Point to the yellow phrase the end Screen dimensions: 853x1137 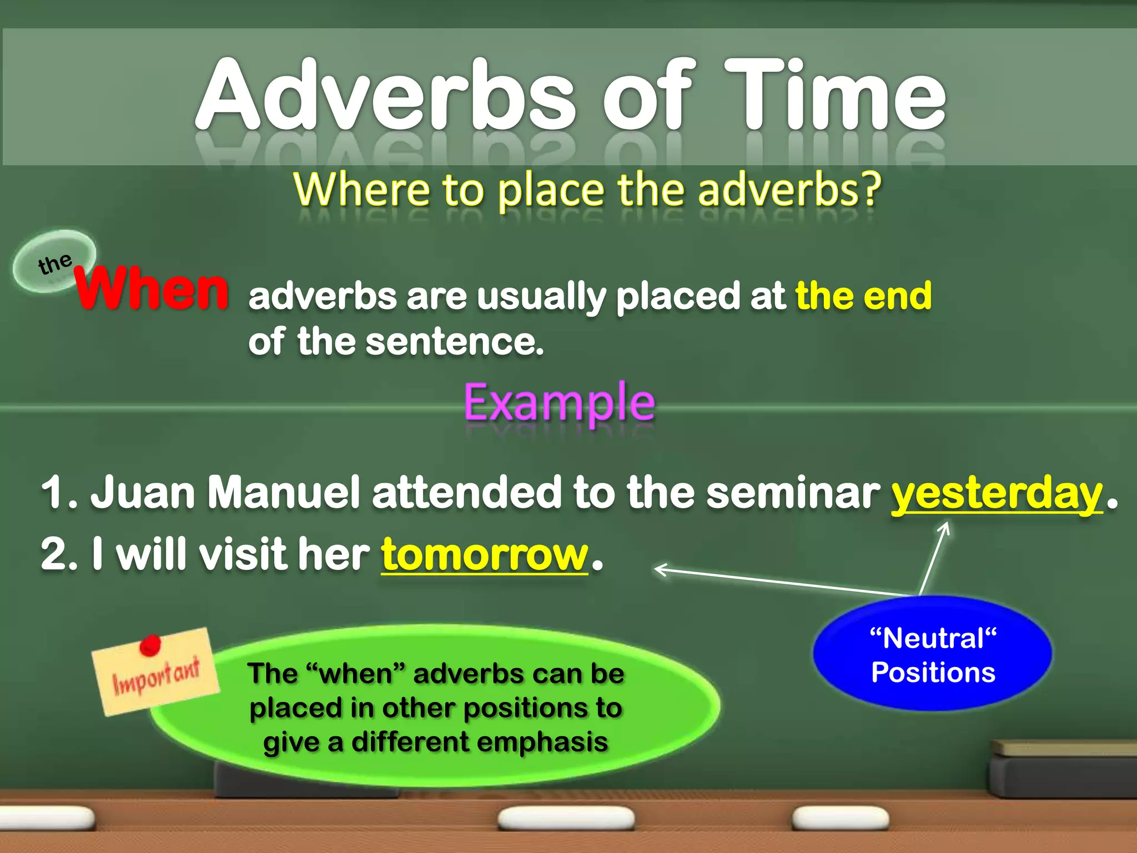tap(863, 295)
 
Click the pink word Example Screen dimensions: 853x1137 tap(559, 402)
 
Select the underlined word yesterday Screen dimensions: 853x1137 tap(997, 493)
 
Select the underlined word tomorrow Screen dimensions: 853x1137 tap(484, 554)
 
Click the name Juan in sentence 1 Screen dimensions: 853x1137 tap(142, 492)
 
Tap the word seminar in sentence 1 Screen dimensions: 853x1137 tap(793, 493)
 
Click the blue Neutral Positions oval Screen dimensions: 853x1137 tap(933, 654)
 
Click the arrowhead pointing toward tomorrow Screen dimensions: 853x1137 tap(661, 570)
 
